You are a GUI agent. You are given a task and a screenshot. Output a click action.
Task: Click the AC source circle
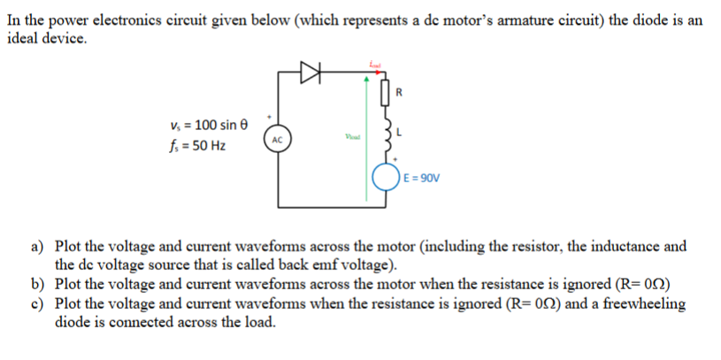277,140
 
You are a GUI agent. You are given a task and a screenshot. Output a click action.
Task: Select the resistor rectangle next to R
386,91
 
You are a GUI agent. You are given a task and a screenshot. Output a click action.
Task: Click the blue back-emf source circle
386,176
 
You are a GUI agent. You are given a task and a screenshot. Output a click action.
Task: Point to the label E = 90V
420,176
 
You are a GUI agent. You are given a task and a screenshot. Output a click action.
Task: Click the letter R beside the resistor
401,91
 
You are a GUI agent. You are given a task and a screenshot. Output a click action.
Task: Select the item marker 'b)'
38,284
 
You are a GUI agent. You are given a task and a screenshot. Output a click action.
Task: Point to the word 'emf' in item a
334,264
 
